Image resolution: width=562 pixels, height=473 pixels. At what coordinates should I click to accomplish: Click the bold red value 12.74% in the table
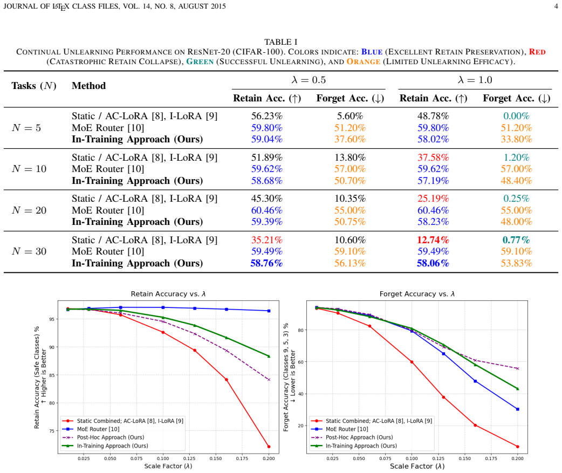click(433, 239)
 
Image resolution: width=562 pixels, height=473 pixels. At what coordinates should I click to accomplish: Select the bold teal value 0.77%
click(516, 239)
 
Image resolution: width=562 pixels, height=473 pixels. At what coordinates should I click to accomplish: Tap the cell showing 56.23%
click(266, 116)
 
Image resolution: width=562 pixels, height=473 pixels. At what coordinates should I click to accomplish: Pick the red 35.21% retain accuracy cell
click(266, 239)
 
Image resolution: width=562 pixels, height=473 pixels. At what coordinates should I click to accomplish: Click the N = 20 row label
click(29, 210)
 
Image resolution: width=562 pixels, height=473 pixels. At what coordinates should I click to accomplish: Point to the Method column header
click(89, 86)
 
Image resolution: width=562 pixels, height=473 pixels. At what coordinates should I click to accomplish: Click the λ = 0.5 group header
click(309, 79)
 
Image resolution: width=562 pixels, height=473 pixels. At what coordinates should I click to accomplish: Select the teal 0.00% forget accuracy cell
click(516, 116)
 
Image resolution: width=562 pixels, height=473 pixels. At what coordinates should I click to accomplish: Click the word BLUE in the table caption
click(372, 52)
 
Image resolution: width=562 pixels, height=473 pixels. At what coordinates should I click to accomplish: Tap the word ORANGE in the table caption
click(364, 61)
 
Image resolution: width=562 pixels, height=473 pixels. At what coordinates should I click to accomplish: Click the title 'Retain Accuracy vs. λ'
click(168, 294)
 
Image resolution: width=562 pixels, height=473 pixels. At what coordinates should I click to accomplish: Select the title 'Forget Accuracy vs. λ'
click(417, 294)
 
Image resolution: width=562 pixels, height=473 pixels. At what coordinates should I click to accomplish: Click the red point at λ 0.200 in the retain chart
click(269, 447)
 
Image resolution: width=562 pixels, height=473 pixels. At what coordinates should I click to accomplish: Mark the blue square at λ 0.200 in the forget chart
click(518, 409)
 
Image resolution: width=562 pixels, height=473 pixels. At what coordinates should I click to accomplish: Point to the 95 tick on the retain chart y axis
click(52, 319)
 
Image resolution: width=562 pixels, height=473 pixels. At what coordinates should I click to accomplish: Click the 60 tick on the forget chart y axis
click(301, 362)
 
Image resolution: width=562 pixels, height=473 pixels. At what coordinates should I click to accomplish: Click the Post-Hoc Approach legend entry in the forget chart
click(352, 437)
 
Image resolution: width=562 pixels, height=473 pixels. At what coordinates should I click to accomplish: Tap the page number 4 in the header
click(556, 6)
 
